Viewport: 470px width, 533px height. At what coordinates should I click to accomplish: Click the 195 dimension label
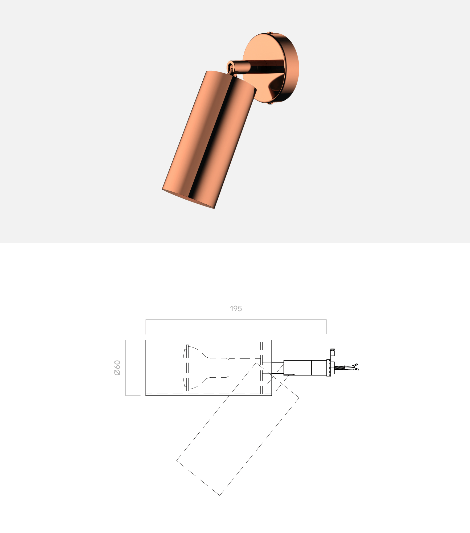click(236, 308)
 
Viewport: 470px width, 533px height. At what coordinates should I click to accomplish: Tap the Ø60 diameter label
click(117, 368)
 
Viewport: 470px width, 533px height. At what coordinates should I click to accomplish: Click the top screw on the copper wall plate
click(270, 33)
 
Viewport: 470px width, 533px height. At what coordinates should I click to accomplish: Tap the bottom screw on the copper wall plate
click(270, 103)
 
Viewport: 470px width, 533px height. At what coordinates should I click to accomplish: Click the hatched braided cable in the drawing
click(340, 368)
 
